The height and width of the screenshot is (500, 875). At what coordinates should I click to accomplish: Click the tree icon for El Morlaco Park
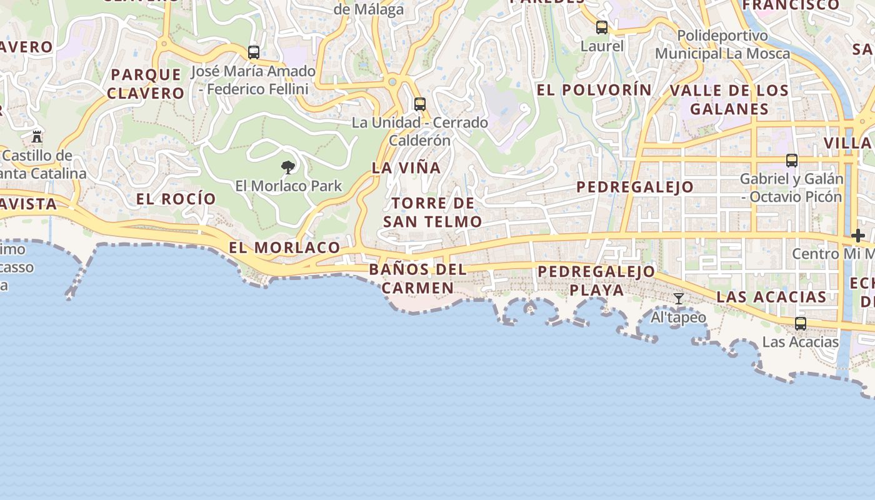click(288, 167)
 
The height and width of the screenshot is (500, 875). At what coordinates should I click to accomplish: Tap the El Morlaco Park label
click(289, 186)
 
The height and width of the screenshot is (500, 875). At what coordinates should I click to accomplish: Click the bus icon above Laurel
click(602, 27)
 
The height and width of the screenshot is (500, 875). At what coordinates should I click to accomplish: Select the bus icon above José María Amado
click(254, 52)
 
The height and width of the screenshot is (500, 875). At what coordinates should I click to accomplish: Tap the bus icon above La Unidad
click(420, 104)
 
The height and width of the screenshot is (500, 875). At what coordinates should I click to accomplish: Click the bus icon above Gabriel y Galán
click(792, 161)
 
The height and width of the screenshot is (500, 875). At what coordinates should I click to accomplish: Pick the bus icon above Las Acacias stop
click(801, 324)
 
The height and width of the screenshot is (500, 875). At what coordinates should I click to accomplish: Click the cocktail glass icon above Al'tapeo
click(679, 299)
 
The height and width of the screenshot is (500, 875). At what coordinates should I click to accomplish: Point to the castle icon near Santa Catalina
click(37, 136)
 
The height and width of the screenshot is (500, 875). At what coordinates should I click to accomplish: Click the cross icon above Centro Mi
click(857, 236)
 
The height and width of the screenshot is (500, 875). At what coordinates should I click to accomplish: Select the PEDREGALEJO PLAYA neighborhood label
click(596, 281)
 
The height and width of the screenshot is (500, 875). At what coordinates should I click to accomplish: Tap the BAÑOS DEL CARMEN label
click(417, 279)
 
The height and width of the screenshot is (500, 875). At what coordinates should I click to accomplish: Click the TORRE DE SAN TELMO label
click(432, 212)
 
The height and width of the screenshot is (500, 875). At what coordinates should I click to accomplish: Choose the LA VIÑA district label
click(406, 167)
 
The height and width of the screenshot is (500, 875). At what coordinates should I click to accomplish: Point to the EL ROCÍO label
click(176, 199)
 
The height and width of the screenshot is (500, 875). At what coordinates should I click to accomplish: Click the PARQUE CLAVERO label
click(146, 84)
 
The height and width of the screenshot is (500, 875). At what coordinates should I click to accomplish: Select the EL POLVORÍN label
click(594, 90)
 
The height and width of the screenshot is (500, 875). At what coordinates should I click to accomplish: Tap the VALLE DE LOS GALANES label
click(729, 99)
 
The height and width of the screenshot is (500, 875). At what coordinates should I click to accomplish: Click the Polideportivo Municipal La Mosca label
click(722, 44)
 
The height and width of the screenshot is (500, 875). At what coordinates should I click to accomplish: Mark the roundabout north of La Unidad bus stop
click(392, 82)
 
